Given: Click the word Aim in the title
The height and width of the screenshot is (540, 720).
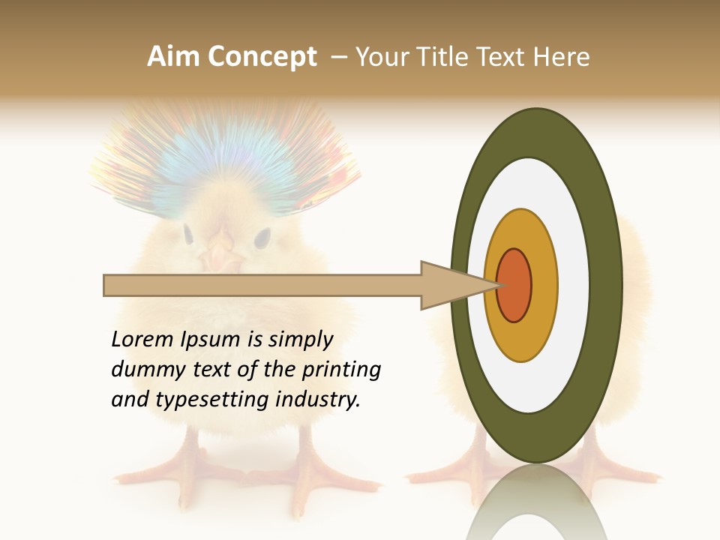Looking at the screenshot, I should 173,57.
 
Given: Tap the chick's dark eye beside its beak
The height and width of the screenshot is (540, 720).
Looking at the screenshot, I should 261,238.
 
